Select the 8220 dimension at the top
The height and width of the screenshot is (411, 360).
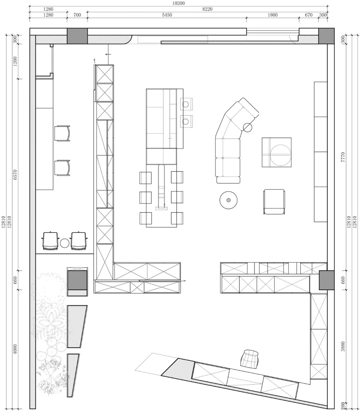click(207, 9)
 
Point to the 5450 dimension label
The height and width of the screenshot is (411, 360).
click(167, 15)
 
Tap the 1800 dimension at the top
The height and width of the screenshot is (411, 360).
click(272, 15)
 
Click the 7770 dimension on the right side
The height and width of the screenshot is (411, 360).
click(344, 157)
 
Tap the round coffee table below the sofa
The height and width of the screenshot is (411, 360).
click(228, 200)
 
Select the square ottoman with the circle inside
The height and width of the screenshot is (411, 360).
click(276, 152)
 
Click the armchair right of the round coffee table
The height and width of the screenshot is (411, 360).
click(274, 202)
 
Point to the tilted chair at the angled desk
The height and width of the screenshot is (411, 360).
click(250, 358)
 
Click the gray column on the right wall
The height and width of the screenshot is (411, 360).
click(326, 280)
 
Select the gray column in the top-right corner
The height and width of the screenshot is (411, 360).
click(326, 36)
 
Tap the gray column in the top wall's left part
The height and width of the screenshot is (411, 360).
click(77, 36)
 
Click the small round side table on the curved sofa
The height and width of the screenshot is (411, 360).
click(248, 128)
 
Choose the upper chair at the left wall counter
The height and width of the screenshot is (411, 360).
click(62, 134)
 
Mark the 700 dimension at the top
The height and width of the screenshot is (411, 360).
click(77, 15)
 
